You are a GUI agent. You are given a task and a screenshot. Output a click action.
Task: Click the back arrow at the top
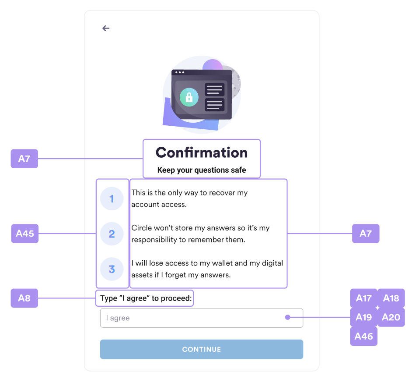click(x=106, y=28)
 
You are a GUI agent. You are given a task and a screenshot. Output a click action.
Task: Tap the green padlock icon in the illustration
click(x=189, y=97)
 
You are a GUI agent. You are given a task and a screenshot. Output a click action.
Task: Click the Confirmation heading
click(x=202, y=152)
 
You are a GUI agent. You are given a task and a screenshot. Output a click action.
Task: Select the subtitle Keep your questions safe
click(x=202, y=170)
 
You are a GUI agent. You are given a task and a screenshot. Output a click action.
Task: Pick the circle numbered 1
click(x=112, y=199)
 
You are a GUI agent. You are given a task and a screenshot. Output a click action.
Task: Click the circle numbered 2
click(x=112, y=234)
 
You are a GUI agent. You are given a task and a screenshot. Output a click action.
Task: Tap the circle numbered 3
click(x=112, y=269)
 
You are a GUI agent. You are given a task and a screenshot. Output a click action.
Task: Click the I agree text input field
click(x=192, y=318)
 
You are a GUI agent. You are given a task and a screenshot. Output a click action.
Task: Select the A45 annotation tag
click(x=24, y=234)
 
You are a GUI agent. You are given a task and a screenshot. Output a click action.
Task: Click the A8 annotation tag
click(x=24, y=298)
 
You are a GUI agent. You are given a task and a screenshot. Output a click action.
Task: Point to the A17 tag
click(x=363, y=298)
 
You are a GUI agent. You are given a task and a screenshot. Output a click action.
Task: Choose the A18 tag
click(x=391, y=298)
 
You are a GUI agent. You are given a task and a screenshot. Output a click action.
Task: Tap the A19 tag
click(x=363, y=317)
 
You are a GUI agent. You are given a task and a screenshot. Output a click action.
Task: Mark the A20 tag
click(x=391, y=317)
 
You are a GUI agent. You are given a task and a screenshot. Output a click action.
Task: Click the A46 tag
click(x=363, y=337)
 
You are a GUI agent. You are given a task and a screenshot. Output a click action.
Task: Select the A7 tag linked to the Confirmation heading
click(x=24, y=159)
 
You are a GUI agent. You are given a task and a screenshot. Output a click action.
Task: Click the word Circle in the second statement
click(x=141, y=228)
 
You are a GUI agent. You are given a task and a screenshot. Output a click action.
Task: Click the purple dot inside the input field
click(x=287, y=317)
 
